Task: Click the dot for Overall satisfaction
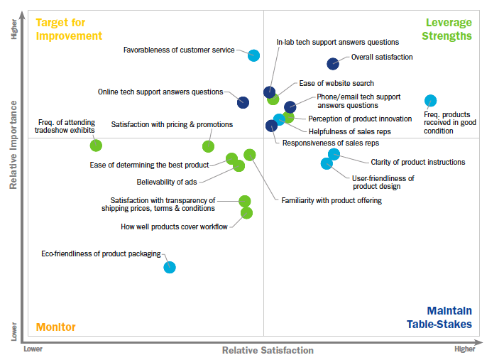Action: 332,64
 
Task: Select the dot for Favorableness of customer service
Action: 253,55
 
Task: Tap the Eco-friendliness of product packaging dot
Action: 170,267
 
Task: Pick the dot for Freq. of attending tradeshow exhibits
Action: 96,146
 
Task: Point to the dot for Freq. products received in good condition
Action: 430,101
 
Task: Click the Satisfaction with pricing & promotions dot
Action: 208,146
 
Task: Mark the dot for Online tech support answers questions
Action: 243,102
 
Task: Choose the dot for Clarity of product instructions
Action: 334,154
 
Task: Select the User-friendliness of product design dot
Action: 327,163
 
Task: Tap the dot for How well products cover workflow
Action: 246,212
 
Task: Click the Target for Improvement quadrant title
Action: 69,29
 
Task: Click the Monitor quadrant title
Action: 55,327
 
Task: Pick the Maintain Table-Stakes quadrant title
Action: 439,317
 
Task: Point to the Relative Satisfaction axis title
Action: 267,350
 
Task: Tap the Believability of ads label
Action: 167,182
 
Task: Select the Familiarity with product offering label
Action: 331,200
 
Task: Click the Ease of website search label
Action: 336,83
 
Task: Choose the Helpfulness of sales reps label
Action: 349,131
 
